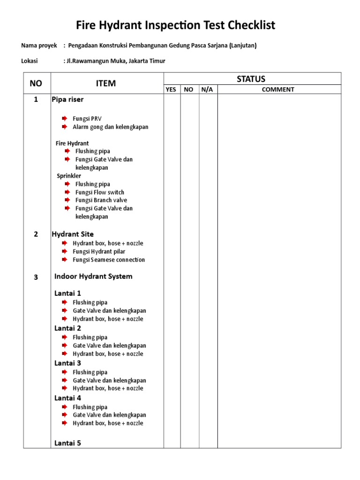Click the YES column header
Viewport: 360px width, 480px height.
tap(171, 90)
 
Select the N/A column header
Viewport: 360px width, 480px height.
tap(207, 90)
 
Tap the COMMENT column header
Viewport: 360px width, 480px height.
tap(278, 90)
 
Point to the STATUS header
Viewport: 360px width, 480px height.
tap(251, 79)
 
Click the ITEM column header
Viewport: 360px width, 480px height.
tap(106, 83)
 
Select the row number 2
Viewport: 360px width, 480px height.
tap(36, 234)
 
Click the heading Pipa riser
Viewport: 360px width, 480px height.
tap(67, 99)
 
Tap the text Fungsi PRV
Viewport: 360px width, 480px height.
tap(87, 119)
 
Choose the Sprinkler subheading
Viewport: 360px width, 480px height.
tap(69, 176)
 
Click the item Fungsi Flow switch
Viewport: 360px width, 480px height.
tap(99, 192)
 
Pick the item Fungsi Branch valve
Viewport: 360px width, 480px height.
tap(101, 200)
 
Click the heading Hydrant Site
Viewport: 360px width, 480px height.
tap(73, 234)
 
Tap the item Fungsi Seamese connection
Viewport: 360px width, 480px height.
tap(109, 260)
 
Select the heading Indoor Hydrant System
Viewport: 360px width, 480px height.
tap(93, 277)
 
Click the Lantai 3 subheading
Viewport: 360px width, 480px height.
tap(67, 363)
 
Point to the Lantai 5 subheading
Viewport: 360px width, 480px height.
tap(67, 442)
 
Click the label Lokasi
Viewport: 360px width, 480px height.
tap(30, 61)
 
